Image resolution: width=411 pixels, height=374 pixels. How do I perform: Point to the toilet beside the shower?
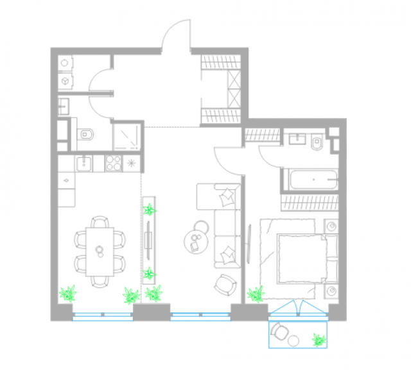(x=87, y=134)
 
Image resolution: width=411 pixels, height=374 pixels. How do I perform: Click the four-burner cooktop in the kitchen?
(x=113, y=163)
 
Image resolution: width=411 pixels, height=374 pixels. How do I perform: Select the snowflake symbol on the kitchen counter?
(x=132, y=163)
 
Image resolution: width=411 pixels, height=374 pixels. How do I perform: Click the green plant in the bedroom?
(x=256, y=294)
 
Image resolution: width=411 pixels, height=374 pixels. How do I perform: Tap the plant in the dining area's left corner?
(x=67, y=294)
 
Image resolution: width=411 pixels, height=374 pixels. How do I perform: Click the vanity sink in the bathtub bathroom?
(x=297, y=139)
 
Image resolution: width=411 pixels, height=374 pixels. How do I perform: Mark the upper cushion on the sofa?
(x=227, y=194)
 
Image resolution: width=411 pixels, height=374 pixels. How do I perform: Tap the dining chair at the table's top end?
(x=99, y=222)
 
